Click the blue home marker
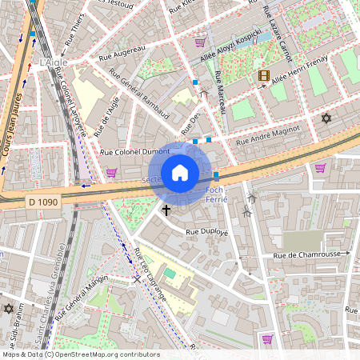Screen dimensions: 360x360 (180, 173)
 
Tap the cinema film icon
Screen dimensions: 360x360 (263, 76)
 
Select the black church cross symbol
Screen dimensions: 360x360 (166, 210)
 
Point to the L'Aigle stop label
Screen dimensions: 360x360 (53, 62)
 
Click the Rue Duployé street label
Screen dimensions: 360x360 (207, 232)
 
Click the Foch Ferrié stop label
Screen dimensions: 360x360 (217, 194)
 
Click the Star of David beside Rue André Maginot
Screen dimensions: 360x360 (326, 118)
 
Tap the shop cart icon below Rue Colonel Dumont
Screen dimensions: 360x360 (110, 172)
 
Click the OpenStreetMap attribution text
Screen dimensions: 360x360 (80, 354)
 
